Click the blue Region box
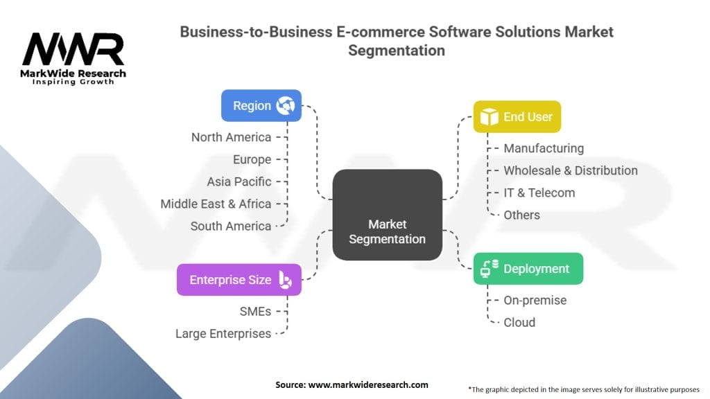click(261, 105)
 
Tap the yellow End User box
click(517, 116)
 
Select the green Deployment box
click(528, 269)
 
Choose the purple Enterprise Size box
click(239, 280)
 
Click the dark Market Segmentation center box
click(387, 215)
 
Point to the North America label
click(231, 137)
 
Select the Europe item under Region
click(252, 160)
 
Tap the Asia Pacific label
click(239, 182)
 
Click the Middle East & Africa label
click(216, 204)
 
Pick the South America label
click(230, 227)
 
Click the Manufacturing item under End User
click(544, 148)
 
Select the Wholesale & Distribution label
click(571, 170)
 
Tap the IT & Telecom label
click(539, 193)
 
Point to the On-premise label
click(535, 301)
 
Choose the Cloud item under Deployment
click(519, 323)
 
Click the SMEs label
click(255, 312)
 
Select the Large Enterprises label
click(223, 334)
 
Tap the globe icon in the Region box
click(286, 105)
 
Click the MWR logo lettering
click(73, 49)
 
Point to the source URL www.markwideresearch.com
click(368, 385)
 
